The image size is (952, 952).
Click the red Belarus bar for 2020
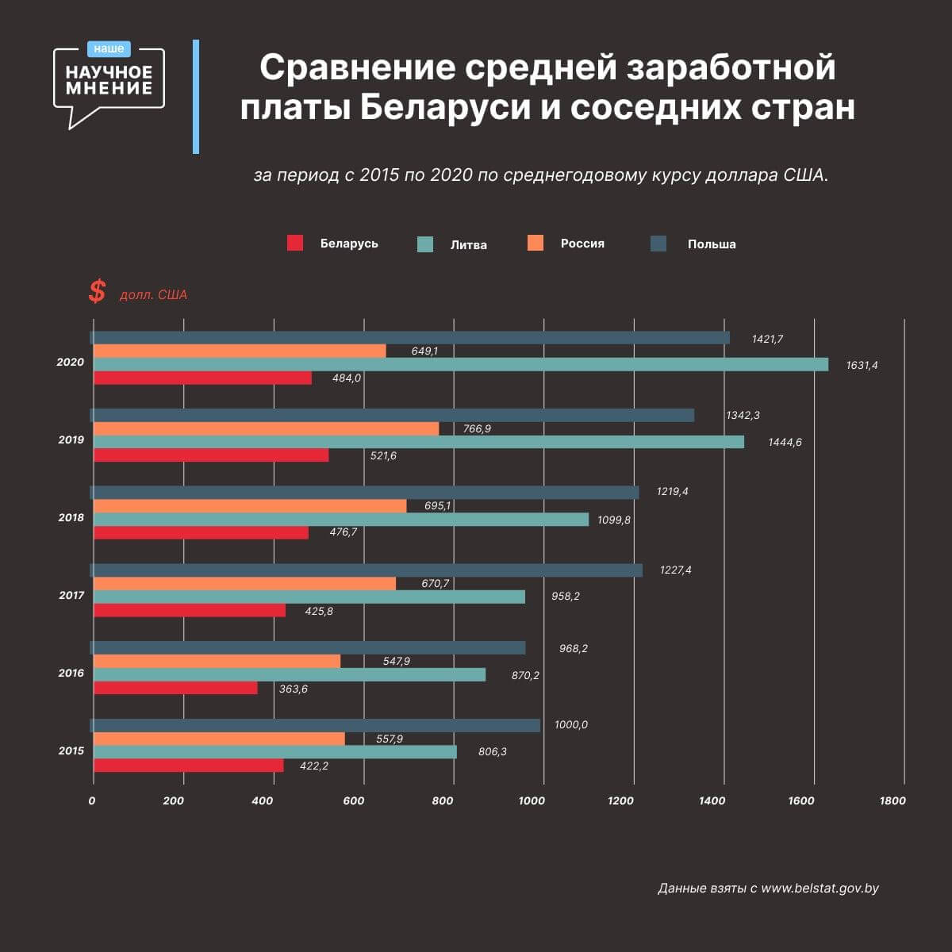point(202,378)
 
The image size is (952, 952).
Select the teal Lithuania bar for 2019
point(419,442)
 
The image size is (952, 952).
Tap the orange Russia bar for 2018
point(250,506)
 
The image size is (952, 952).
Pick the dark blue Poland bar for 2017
point(367,570)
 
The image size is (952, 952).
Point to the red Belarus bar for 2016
point(175,688)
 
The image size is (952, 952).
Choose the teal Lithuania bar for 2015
point(274,751)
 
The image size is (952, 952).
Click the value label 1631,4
point(862,366)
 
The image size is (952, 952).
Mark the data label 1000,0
point(571,725)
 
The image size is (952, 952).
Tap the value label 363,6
point(294,689)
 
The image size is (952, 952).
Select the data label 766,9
point(477,429)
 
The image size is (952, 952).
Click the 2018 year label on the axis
point(71,518)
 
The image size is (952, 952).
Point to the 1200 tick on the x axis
point(620,801)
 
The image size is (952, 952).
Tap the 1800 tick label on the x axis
point(892,801)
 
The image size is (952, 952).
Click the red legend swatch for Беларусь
point(295,244)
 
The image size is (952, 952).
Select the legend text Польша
point(712,244)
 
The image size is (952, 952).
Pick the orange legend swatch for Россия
point(535,244)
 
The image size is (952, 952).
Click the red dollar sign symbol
point(97,292)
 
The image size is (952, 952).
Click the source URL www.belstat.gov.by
point(820,889)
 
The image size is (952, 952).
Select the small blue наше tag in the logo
point(109,49)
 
